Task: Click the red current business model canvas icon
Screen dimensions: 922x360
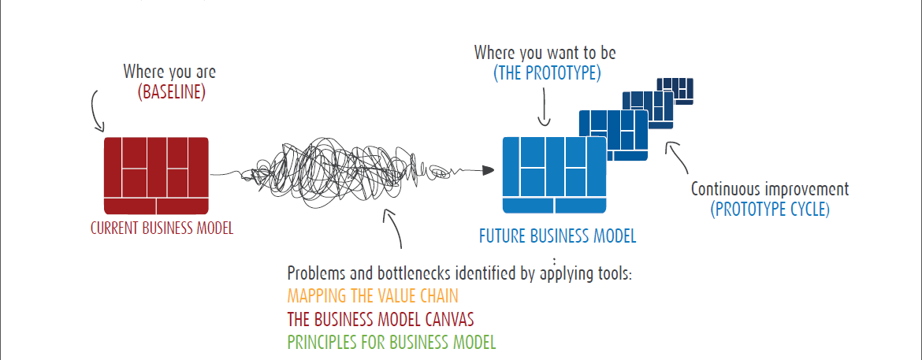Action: pos(156,176)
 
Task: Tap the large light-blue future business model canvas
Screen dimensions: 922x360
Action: pos(554,175)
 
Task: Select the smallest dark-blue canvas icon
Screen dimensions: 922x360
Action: pos(675,91)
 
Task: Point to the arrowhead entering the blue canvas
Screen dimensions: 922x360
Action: pos(488,171)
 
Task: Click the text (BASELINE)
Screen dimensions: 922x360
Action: pos(172,93)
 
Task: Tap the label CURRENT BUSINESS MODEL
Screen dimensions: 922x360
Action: pos(162,228)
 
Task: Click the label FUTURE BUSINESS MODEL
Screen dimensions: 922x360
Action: pos(557,237)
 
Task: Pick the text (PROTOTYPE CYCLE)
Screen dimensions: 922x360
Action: pos(770,210)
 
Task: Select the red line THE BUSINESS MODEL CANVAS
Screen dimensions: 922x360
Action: pos(381,319)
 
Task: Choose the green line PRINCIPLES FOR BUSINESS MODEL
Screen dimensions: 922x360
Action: pos(392,342)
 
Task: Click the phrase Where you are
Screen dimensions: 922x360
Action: pos(169,72)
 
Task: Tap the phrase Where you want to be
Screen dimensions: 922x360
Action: pos(545,53)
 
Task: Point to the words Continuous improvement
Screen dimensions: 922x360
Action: pos(770,189)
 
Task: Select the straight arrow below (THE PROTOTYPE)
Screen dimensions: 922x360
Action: pos(544,106)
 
